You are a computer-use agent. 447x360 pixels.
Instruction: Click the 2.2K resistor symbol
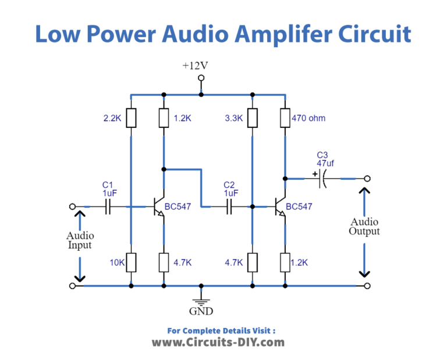coord(131,118)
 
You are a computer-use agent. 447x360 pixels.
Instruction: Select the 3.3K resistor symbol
coord(252,118)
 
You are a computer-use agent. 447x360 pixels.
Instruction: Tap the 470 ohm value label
coord(308,118)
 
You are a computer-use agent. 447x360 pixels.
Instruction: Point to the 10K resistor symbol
coord(131,262)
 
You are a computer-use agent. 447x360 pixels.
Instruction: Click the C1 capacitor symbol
coord(108,206)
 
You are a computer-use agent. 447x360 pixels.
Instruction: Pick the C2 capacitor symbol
coord(229,206)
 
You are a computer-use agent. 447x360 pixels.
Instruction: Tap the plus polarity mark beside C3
coord(314,173)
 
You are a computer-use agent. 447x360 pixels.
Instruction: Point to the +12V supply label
coord(195,66)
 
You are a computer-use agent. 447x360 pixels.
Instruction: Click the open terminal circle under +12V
coord(201,78)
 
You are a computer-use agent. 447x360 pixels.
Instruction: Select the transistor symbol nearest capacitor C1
coord(159,207)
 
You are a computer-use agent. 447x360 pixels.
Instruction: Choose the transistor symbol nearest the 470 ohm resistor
coord(280,207)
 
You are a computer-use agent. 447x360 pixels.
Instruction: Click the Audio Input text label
coord(80,240)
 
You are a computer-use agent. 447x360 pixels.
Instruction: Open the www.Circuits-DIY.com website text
coord(218,342)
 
